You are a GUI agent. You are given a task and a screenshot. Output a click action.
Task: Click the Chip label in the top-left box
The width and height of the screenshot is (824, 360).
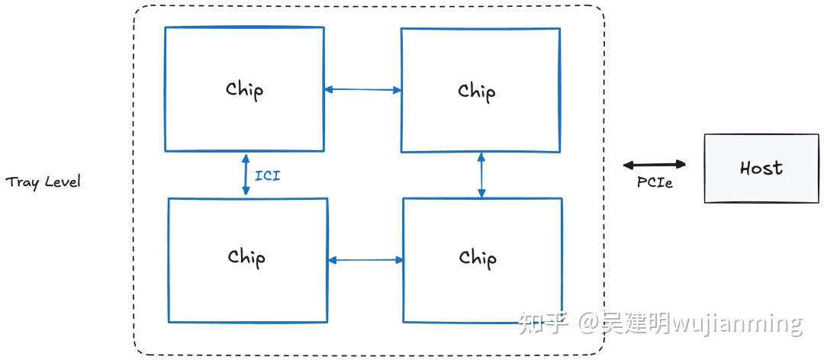[244, 89]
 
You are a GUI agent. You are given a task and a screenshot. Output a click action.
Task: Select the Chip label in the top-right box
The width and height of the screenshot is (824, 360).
[477, 92]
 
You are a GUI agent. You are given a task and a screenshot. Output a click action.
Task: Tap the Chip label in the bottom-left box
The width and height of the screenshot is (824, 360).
[246, 257]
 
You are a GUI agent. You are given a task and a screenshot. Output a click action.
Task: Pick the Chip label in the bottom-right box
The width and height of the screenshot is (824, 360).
[478, 259]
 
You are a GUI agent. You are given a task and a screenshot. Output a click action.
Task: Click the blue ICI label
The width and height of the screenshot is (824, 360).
[267, 176]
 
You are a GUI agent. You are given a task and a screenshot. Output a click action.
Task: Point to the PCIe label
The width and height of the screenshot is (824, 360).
[655, 183]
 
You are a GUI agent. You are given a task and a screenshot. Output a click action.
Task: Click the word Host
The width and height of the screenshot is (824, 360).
[761, 169]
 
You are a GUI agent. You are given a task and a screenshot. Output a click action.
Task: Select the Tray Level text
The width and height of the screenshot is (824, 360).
[43, 182]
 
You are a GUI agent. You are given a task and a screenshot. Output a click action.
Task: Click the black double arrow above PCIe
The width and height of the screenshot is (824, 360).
[655, 164]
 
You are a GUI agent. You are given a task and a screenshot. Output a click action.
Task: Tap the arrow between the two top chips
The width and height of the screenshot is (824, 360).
[362, 90]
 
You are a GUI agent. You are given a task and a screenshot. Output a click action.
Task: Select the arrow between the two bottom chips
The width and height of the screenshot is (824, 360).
[365, 260]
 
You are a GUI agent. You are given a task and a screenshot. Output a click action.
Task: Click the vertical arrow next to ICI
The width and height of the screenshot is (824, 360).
[246, 175]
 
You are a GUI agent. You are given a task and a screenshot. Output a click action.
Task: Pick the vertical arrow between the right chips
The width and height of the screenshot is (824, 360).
[481, 175]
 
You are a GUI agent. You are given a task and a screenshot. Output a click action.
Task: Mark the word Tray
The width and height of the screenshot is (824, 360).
[21, 182]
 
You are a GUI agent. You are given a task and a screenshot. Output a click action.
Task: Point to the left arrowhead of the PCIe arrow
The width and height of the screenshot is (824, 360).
[627, 164]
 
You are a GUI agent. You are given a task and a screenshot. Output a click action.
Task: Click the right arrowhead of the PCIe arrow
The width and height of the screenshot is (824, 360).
[682, 164]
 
